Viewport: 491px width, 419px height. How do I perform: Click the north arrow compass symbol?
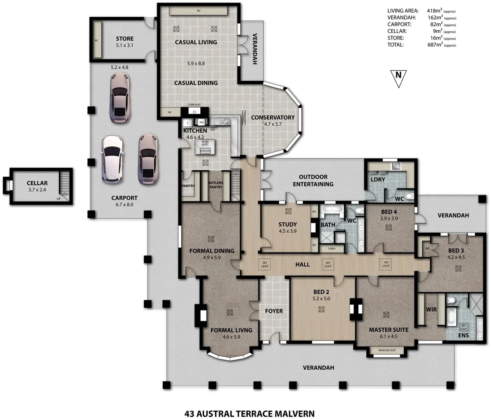398,76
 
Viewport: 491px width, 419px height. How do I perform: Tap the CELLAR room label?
37,183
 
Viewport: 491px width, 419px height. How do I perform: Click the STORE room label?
125,39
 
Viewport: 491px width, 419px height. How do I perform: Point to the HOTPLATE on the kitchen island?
205,151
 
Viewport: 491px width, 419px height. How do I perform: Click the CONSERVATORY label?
272,118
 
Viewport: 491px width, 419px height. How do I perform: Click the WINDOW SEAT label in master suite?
387,350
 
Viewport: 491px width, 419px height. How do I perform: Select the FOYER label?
274,311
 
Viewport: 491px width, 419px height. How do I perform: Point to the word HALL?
302,265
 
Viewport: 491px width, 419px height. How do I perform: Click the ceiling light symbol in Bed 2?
321,309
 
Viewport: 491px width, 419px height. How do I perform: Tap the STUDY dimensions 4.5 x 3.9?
287,231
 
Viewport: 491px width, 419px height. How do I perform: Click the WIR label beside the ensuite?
431,310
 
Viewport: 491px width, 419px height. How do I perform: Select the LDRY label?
378,180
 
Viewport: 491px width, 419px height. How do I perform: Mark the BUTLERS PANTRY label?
216,185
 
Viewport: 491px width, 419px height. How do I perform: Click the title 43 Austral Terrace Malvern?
249,414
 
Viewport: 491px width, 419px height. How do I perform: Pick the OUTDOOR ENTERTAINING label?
313,180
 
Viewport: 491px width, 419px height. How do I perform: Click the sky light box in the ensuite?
463,327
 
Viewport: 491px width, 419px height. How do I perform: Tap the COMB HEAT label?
194,105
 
